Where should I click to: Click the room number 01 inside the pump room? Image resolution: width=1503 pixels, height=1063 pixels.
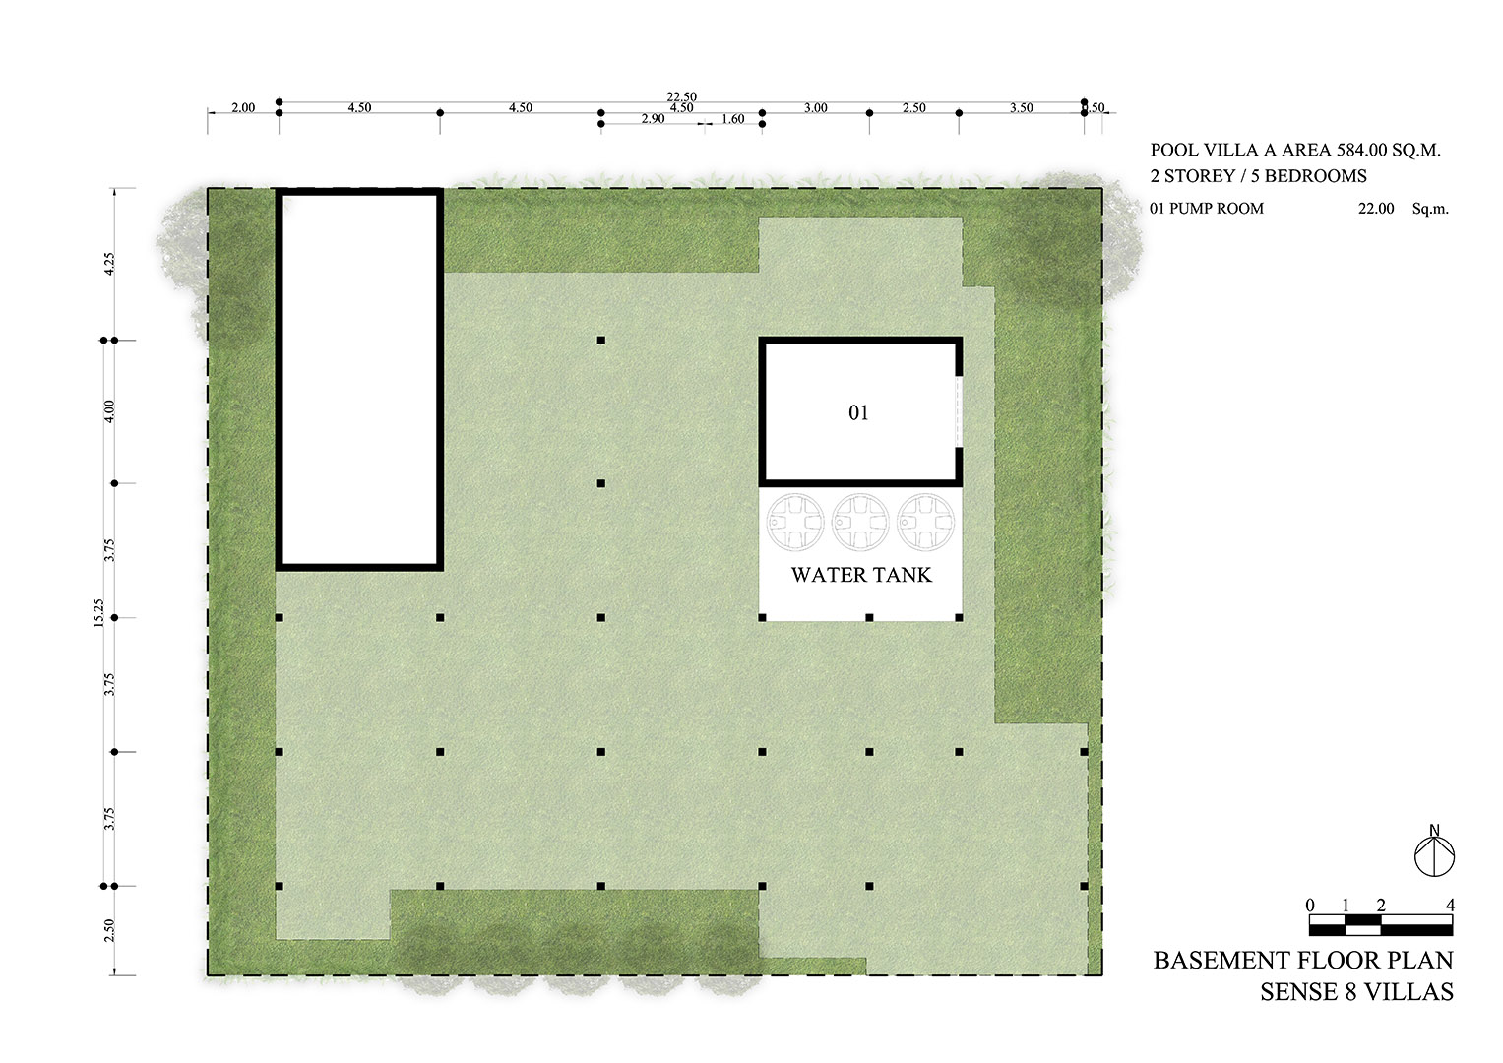coord(858,413)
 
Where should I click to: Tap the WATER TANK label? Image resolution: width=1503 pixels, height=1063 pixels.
coord(860,575)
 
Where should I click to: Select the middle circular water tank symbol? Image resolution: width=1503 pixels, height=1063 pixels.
coord(859,522)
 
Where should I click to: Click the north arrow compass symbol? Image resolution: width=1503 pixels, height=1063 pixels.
coord(1434,852)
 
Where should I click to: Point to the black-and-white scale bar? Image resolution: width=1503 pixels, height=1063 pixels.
coord(1380,925)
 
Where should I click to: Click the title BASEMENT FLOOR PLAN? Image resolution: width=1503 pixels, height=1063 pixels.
coord(1302,960)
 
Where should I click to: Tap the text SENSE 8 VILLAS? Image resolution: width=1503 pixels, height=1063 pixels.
coord(1356,992)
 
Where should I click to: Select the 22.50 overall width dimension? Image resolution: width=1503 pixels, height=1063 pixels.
coord(681,96)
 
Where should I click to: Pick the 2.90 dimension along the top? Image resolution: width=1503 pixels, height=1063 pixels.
coord(653,119)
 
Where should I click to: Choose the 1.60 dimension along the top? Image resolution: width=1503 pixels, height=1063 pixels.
coord(732,119)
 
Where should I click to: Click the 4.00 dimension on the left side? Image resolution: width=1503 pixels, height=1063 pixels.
coord(110,410)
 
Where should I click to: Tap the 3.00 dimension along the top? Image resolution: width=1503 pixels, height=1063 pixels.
coord(815,108)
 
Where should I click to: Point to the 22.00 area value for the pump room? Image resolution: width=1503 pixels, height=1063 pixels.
coord(1376,209)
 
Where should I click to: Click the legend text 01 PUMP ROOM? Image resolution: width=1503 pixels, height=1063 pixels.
coord(1206,209)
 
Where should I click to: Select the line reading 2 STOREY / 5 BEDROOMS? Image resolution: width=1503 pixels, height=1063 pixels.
coord(1258,176)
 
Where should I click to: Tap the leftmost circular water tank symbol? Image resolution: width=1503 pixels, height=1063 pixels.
coord(795,522)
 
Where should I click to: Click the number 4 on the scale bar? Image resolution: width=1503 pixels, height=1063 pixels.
coord(1450,906)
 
